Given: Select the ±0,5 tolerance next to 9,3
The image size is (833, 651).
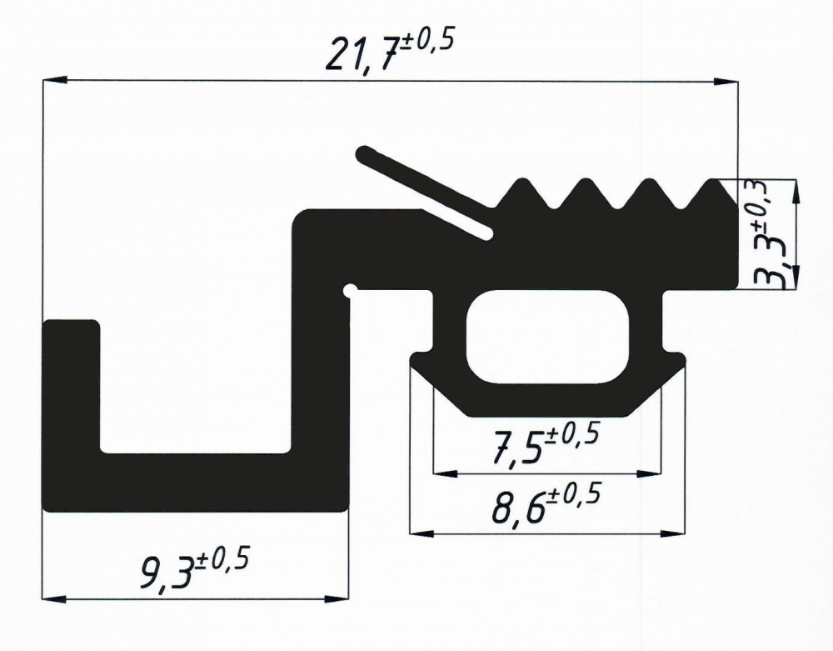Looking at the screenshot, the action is [220, 563].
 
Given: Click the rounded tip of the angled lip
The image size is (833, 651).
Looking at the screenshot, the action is [365, 153].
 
